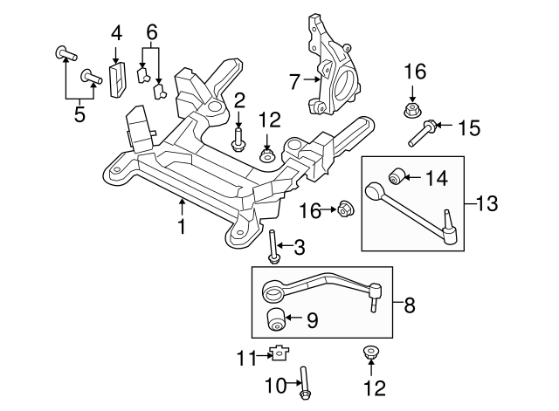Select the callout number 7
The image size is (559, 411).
point(293,82)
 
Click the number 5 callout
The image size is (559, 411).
point(79,114)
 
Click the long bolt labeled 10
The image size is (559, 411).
point(304,384)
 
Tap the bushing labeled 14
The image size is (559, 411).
point(394,179)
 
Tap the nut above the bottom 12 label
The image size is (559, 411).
point(370,353)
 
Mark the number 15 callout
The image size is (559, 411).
point(468,128)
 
